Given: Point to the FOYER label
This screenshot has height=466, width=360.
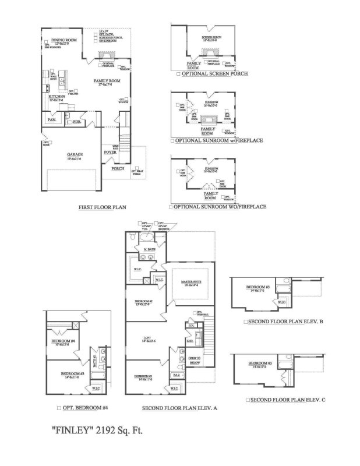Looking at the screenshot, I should [111, 151].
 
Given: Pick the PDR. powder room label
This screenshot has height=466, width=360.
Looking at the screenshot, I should [77, 122].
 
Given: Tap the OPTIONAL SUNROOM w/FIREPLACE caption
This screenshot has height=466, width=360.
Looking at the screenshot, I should [215, 141].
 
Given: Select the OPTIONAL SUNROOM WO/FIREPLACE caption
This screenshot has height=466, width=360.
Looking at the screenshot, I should [217, 207].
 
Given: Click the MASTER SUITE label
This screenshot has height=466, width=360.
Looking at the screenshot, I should [190, 282].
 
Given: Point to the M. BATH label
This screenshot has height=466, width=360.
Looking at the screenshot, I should [149, 250].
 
